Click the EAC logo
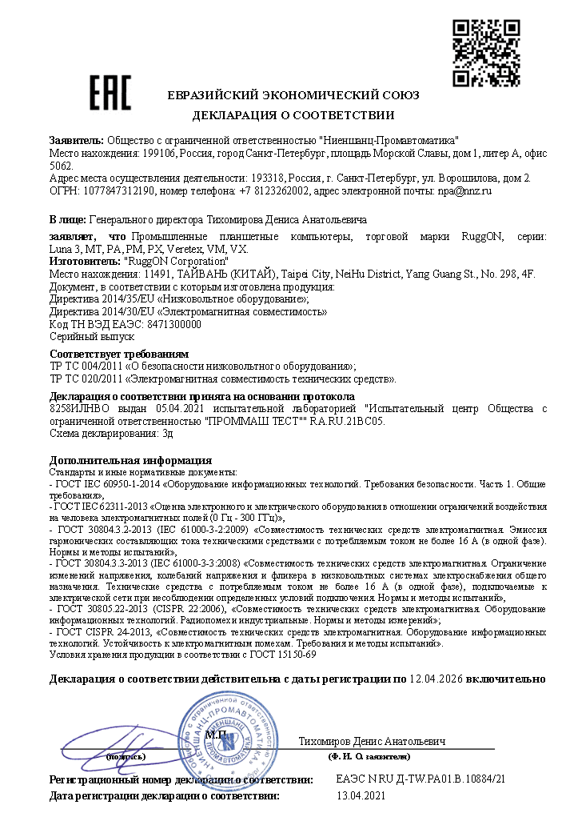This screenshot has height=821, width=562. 109,94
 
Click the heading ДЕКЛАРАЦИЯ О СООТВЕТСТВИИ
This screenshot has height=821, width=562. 293,114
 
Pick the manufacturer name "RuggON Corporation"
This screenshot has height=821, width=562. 177,262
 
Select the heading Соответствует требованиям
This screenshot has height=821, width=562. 119,354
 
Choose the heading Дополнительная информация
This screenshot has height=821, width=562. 130,460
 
